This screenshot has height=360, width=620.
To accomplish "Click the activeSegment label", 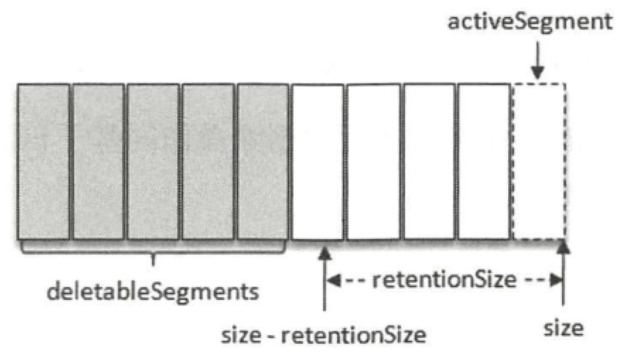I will pyautogui.click(x=530, y=22).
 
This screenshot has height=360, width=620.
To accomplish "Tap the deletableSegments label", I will pyautogui.click(x=153, y=292).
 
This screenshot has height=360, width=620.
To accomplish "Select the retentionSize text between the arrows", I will pyautogui.click(x=444, y=280).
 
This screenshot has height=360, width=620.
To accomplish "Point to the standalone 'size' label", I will pyautogui.click(x=563, y=329).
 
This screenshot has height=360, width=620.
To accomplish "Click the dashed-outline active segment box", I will pyautogui.click(x=539, y=162).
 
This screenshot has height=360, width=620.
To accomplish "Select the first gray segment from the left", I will pyautogui.click(x=43, y=162).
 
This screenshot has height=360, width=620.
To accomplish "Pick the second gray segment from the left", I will pyautogui.click(x=99, y=162).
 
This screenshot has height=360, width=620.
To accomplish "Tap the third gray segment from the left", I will pyautogui.click(x=153, y=162).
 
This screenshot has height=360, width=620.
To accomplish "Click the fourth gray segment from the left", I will pyautogui.click(x=208, y=162).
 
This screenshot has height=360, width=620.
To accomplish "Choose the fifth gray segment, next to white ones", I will pyautogui.click(x=263, y=162).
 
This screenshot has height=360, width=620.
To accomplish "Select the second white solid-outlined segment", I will pyautogui.click(x=374, y=162).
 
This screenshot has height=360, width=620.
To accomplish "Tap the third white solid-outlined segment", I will pyautogui.click(x=429, y=162).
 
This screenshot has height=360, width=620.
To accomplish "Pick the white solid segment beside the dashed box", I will pyautogui.click(x=484, y=162).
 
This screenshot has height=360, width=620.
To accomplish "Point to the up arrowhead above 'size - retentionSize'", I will pyautogui.click(x=324, y=253).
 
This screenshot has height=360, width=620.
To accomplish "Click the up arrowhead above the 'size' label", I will pyautogui.click(x=563, y=247).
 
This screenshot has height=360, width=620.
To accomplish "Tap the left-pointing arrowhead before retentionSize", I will pyautogui.click(x=333, y=280).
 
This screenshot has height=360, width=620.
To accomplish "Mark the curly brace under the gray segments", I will pyautogui.click(x=153, y=253).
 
